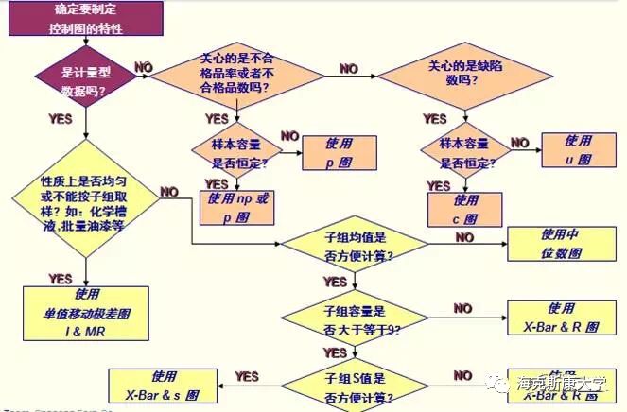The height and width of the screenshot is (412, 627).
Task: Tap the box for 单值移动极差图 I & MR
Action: [x=87, y=313]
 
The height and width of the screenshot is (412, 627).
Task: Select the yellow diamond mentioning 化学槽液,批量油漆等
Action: [x=84, y=203]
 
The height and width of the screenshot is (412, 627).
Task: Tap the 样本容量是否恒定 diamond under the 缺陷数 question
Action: [x=463, y=151]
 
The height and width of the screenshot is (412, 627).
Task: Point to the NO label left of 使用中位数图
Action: [x=464, y=237]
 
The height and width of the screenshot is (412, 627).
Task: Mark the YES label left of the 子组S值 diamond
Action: [x=247, y=376]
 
